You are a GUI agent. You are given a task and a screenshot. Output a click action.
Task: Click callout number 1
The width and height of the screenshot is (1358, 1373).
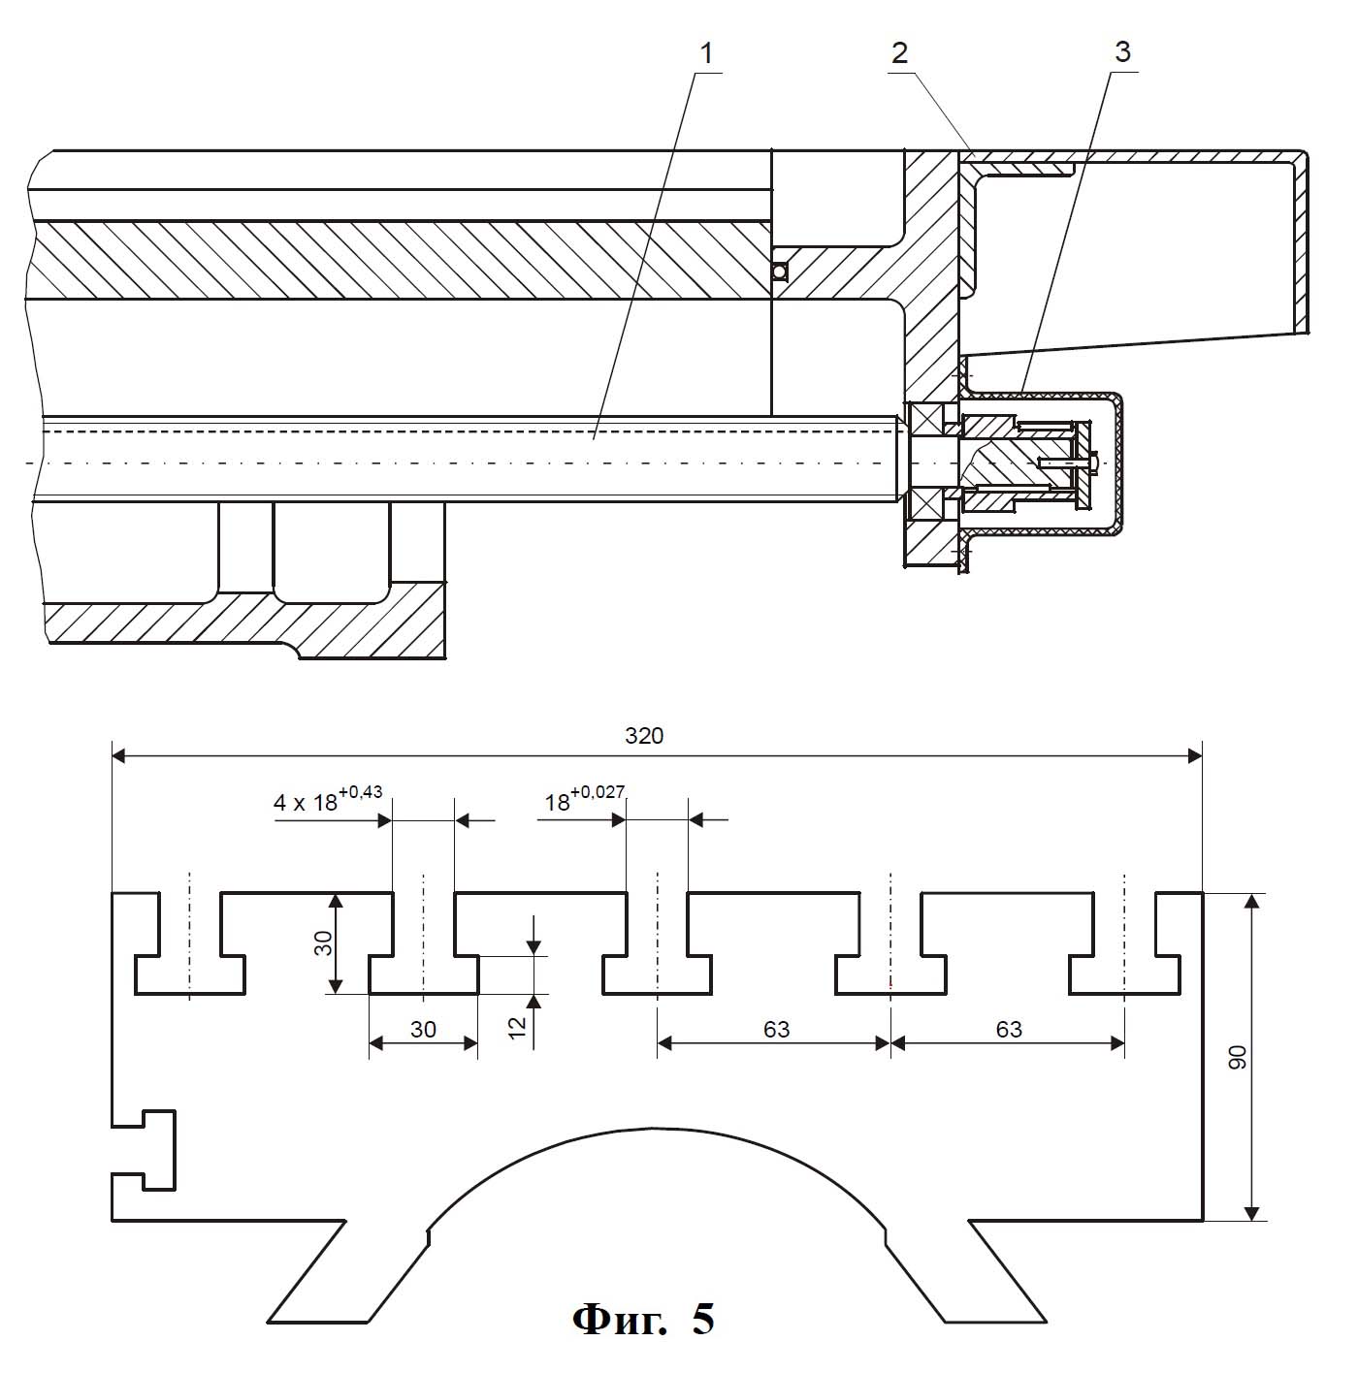[706, 53]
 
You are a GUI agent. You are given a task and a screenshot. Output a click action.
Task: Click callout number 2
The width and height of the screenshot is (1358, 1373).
[899, 53]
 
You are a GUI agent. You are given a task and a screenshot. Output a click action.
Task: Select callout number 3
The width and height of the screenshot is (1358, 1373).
[1122, 52]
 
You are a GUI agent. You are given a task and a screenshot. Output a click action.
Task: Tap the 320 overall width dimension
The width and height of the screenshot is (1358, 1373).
[644, 735]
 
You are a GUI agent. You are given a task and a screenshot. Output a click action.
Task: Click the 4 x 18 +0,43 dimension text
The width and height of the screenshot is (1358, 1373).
[328, 799]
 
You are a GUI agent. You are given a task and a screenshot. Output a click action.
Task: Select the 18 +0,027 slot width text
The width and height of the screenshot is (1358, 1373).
[585, 799]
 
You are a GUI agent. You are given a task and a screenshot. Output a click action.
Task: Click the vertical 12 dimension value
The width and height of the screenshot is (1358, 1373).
[518, 1027]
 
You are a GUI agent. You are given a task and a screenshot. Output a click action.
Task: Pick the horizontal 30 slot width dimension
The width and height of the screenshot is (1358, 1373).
[423, 1029]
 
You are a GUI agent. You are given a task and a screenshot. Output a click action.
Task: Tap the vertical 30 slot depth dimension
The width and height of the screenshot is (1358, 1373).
[324, 942]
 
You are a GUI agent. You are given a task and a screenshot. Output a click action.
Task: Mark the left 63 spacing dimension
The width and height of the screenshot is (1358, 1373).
[776, 1029]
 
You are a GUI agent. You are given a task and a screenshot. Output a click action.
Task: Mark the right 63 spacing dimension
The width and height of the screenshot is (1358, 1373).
[1009, 1029]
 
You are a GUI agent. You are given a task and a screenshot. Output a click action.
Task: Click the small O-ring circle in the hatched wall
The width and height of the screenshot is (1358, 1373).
[780, 271]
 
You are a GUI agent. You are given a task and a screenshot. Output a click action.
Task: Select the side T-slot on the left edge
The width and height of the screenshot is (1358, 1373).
[144, 1150]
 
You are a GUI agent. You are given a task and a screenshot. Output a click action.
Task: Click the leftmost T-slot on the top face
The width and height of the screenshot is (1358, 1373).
[189, 942]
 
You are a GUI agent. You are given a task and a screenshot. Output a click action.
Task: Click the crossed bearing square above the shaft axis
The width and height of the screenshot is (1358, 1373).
[923, 420]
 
